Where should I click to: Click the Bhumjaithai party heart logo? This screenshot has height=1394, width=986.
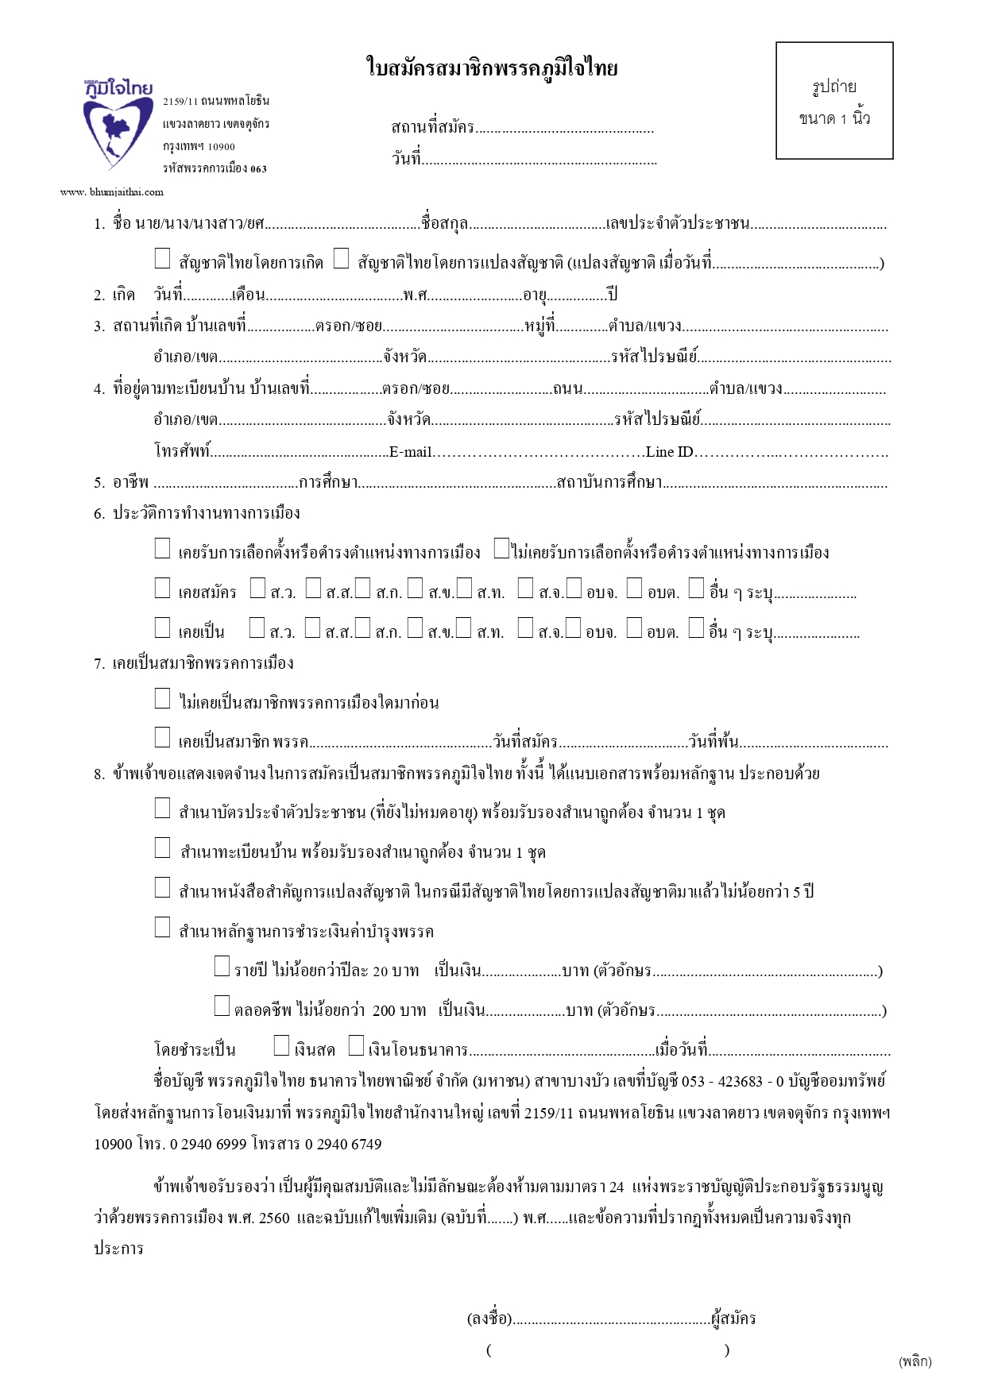pos(118,123)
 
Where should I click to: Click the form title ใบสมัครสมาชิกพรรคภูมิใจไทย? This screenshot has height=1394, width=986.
pos(492,68)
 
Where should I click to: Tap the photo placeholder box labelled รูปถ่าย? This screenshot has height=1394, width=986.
pos(834,101)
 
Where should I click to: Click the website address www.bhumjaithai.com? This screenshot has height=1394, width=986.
pos(112,191)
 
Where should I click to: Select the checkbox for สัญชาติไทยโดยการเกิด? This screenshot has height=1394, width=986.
pos(162,258)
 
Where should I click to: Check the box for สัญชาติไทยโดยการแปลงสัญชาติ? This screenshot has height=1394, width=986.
pos(341,258)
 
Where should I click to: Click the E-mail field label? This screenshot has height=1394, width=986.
pos(410,452)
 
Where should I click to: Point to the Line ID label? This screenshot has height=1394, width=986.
pos(669,452)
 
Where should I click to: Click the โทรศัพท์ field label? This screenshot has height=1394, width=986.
pos(182,451)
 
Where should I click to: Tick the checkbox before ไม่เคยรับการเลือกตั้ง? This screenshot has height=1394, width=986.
pos(501,548)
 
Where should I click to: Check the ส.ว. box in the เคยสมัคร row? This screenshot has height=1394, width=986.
pos(257,588)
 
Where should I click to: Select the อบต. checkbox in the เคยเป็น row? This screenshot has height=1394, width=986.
pos(634,627)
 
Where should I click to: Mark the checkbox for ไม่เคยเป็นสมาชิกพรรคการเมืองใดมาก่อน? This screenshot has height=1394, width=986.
pos(162,698)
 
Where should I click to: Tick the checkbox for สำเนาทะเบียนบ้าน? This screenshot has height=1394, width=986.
pos(162,848)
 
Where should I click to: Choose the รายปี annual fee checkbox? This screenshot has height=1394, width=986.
pos(222,966)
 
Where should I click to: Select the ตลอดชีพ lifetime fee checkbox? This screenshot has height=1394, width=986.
pos(222,1006)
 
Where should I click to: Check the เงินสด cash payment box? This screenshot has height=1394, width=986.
pos(281,1045)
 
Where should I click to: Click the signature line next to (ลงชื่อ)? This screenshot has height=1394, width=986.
pos(612,1319)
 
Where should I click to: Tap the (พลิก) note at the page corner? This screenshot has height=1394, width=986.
pos(914,1361)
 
